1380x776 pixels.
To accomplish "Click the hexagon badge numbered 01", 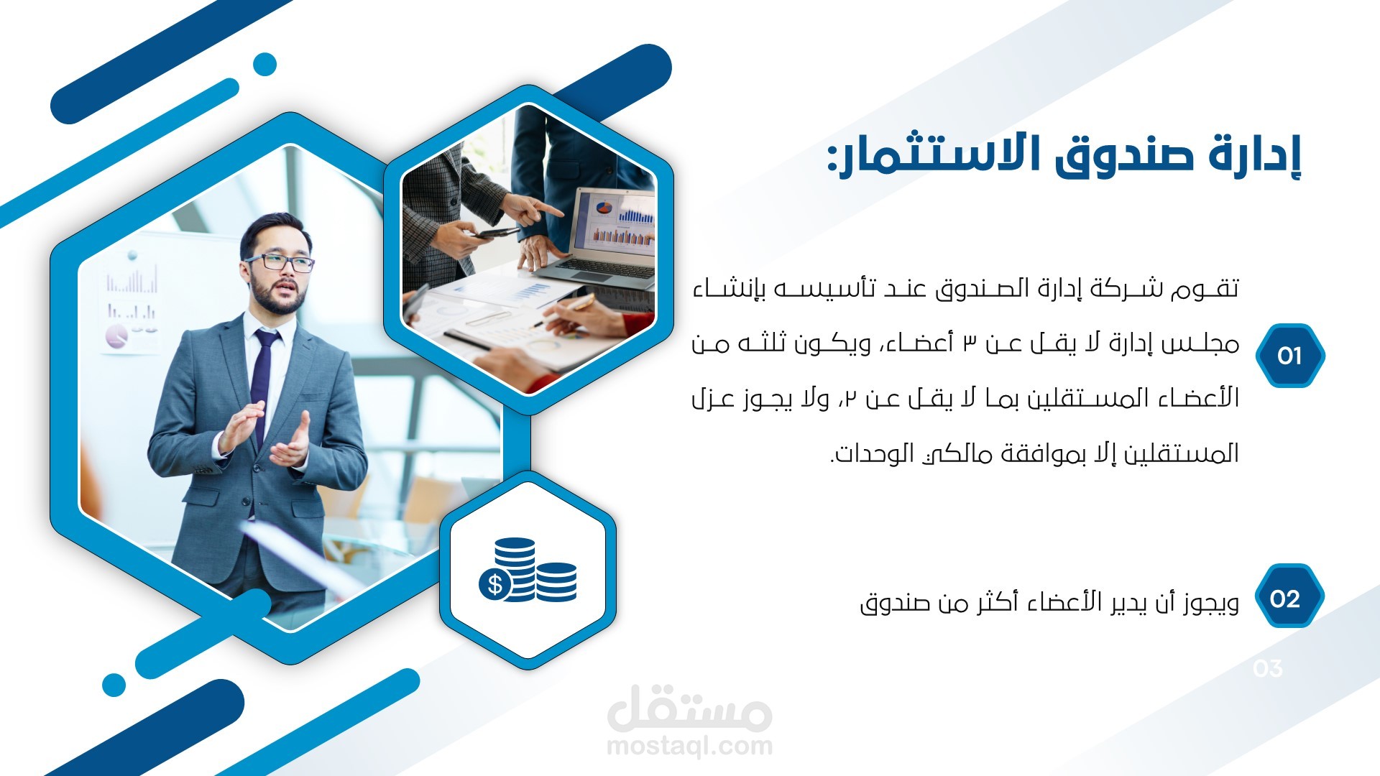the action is [1290, 356].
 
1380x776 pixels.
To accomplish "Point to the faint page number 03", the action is [1268, 669].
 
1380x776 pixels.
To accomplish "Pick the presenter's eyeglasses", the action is [279, 262].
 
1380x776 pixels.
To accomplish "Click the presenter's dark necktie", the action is [263, 388].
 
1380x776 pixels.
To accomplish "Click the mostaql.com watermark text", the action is [689, 746].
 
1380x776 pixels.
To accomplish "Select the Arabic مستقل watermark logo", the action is [689, 707].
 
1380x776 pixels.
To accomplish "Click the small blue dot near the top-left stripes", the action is [265, 64].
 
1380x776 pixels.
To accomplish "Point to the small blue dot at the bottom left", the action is [114, 685].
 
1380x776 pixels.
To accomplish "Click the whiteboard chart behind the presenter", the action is [131, 302].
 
